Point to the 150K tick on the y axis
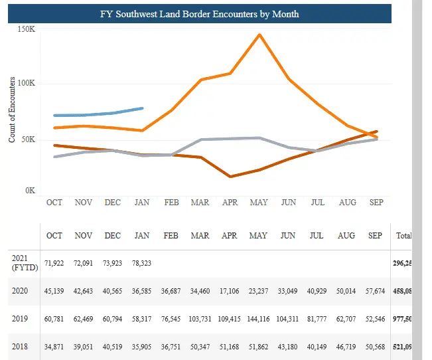27,30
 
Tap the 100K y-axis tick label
27,84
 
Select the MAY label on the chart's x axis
258,202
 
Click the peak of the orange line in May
259,35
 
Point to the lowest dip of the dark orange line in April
230,177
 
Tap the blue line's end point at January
142,108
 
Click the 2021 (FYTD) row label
23,262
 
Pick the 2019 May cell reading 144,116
257,319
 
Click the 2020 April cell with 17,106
229,291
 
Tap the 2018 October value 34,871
54,347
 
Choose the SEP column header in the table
375,236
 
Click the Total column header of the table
403,236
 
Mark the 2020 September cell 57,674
375,291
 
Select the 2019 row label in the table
19,319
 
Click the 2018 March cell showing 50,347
200,347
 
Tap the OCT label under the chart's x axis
54,202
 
